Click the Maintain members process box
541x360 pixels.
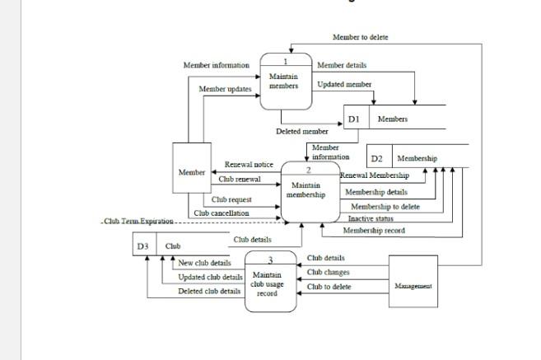284,82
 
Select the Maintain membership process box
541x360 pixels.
310,191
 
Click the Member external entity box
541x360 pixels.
192,172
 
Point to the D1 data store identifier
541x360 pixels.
354,119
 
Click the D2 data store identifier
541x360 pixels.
376,158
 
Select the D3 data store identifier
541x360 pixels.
143,245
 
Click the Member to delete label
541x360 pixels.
360,37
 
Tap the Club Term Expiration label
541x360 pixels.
138,222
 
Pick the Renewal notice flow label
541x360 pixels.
249,165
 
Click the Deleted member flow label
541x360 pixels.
301,131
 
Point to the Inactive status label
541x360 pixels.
370,218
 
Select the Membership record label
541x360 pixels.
374,231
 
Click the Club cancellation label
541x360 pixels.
222,213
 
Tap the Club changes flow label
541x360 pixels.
328,272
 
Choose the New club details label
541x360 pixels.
204,263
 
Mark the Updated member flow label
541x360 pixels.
344,84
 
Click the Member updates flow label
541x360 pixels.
225,88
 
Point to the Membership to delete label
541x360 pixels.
385,207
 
